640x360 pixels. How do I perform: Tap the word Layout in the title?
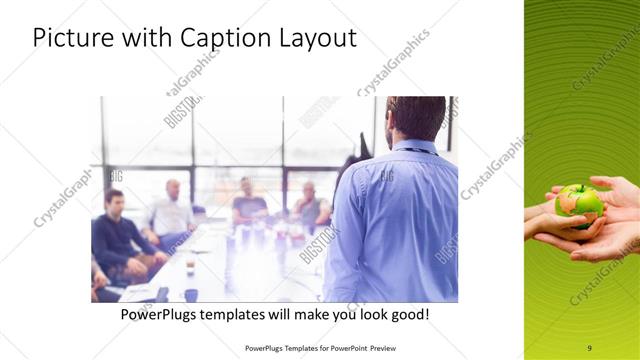(318, 38)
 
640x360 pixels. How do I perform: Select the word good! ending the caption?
(410, 315)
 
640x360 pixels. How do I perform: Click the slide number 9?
(589, 347)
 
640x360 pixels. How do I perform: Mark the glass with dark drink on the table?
(190, 268)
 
